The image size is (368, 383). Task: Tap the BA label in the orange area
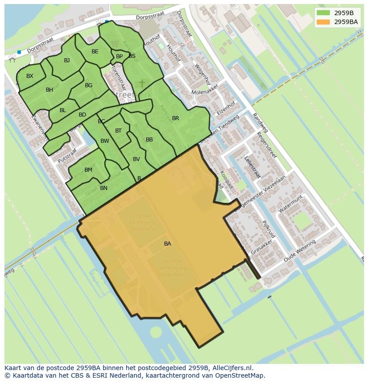click(168, 244)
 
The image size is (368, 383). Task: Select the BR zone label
click(176, 118)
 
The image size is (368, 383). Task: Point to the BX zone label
click(30, 76)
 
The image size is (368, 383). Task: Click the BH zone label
click(49, 90)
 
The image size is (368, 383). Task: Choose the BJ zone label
click(67, 60)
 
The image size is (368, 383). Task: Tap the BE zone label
click(95, 52)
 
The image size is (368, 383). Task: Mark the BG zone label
click(88, 85)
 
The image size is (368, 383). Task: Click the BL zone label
click(63, 110)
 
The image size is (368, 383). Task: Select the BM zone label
click(88, 170)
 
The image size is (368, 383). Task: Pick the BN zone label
click(104, 188)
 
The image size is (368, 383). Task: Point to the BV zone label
click(136, 159)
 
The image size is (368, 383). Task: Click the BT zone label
click(118, 131)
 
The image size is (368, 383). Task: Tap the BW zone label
click(105, 141)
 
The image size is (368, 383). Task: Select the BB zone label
click(149, 140)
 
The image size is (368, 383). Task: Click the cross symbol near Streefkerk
click(142, 84)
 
